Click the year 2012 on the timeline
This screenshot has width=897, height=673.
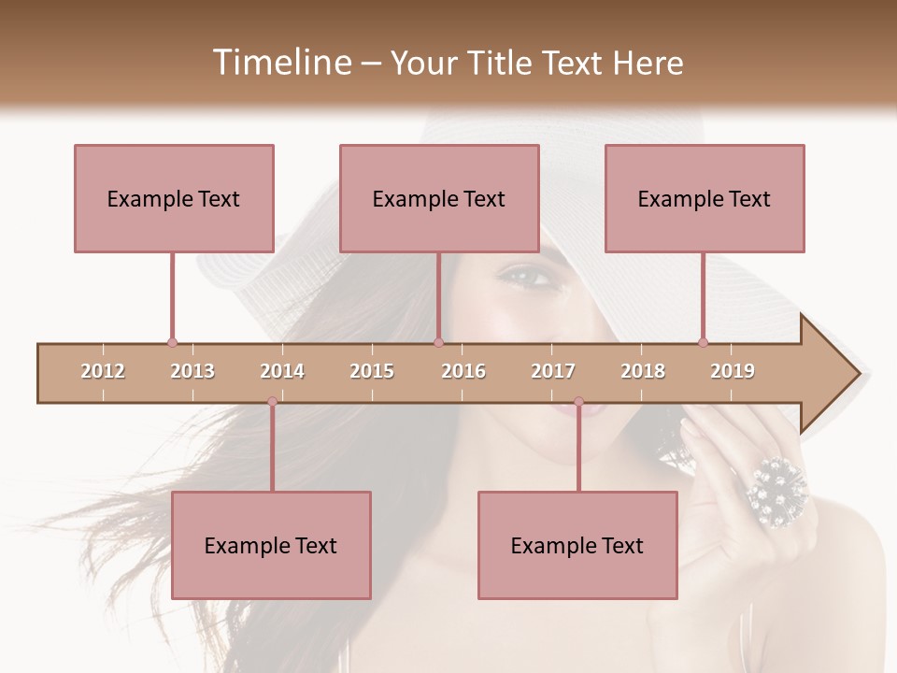click(103, 371)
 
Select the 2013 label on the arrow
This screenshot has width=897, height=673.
click(192, 371)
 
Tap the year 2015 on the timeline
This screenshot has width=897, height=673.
click(372, 371)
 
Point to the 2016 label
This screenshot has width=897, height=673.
click(463, 371)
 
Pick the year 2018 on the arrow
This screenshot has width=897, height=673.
click(643, 371)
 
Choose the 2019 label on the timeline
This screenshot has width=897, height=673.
click(733, 371)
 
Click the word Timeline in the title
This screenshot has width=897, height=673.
click(281, 63)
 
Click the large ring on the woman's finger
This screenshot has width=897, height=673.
click(776, 490)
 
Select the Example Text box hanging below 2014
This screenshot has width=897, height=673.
click(271, 545)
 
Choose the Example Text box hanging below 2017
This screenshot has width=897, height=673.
click(577, 545)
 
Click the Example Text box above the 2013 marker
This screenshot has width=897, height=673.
click(174, 198)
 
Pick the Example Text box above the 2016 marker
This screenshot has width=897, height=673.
click(439, 198)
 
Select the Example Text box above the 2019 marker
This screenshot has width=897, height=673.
click(705, 198)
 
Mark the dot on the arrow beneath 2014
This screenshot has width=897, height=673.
click(272, 402)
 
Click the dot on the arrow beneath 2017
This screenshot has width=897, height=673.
click(578, 402)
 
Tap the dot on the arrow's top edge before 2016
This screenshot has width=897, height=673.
click(438, 342)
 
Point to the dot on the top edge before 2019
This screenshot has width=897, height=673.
click(703, 342)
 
